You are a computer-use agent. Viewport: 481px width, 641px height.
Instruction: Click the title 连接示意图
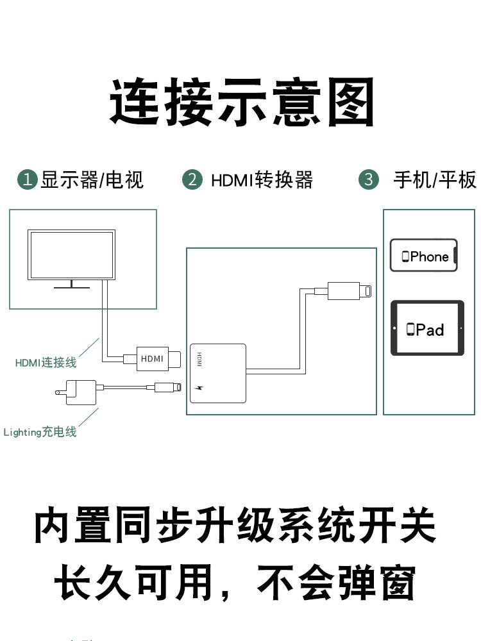241,103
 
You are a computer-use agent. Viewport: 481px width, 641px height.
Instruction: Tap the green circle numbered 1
27,179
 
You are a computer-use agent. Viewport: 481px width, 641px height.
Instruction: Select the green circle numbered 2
192,179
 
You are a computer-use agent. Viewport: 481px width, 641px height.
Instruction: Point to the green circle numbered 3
368,179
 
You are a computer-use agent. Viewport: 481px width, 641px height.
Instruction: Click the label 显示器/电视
92,179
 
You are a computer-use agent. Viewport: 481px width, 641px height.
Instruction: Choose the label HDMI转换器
262,179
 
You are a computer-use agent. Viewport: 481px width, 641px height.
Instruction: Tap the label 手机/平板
435,179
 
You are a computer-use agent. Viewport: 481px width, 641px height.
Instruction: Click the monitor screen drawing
72,254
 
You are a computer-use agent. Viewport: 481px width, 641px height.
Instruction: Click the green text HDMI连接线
46,363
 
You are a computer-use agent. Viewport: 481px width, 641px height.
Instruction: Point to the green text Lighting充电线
40,432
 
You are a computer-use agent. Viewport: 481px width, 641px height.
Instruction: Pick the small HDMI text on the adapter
199,360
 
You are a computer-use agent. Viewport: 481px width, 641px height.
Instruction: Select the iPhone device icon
424,256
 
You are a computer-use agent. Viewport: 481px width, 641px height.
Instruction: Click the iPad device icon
426,329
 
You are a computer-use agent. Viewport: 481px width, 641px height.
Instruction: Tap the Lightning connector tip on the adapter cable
366,290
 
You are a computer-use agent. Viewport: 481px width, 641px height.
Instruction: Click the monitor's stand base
72,286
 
